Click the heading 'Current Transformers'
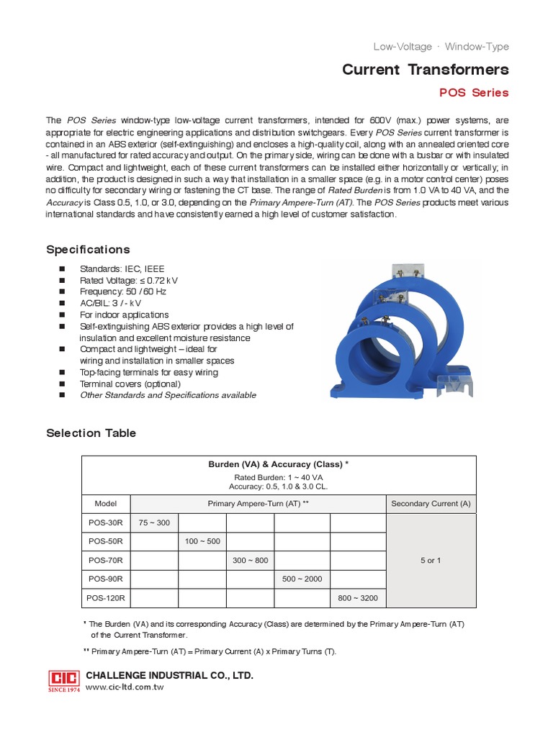[x=425, y=70]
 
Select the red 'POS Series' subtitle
[x=474, y=93]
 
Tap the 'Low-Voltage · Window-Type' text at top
[x=441, y=47]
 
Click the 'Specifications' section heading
[x=88, y=250]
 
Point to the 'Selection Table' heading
[x=91, y=433]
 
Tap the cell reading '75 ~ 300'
[x=154, y=523]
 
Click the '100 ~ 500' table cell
[x=202, y=541]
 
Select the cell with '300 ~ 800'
[x=251, y=560]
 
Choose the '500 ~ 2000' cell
[x=302, y=579]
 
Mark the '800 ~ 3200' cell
[x=359, y=598]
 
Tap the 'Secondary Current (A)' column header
[x=431, y=504]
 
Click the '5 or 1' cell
[x=431, y=560]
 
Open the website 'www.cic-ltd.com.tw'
[x=125, y=688]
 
